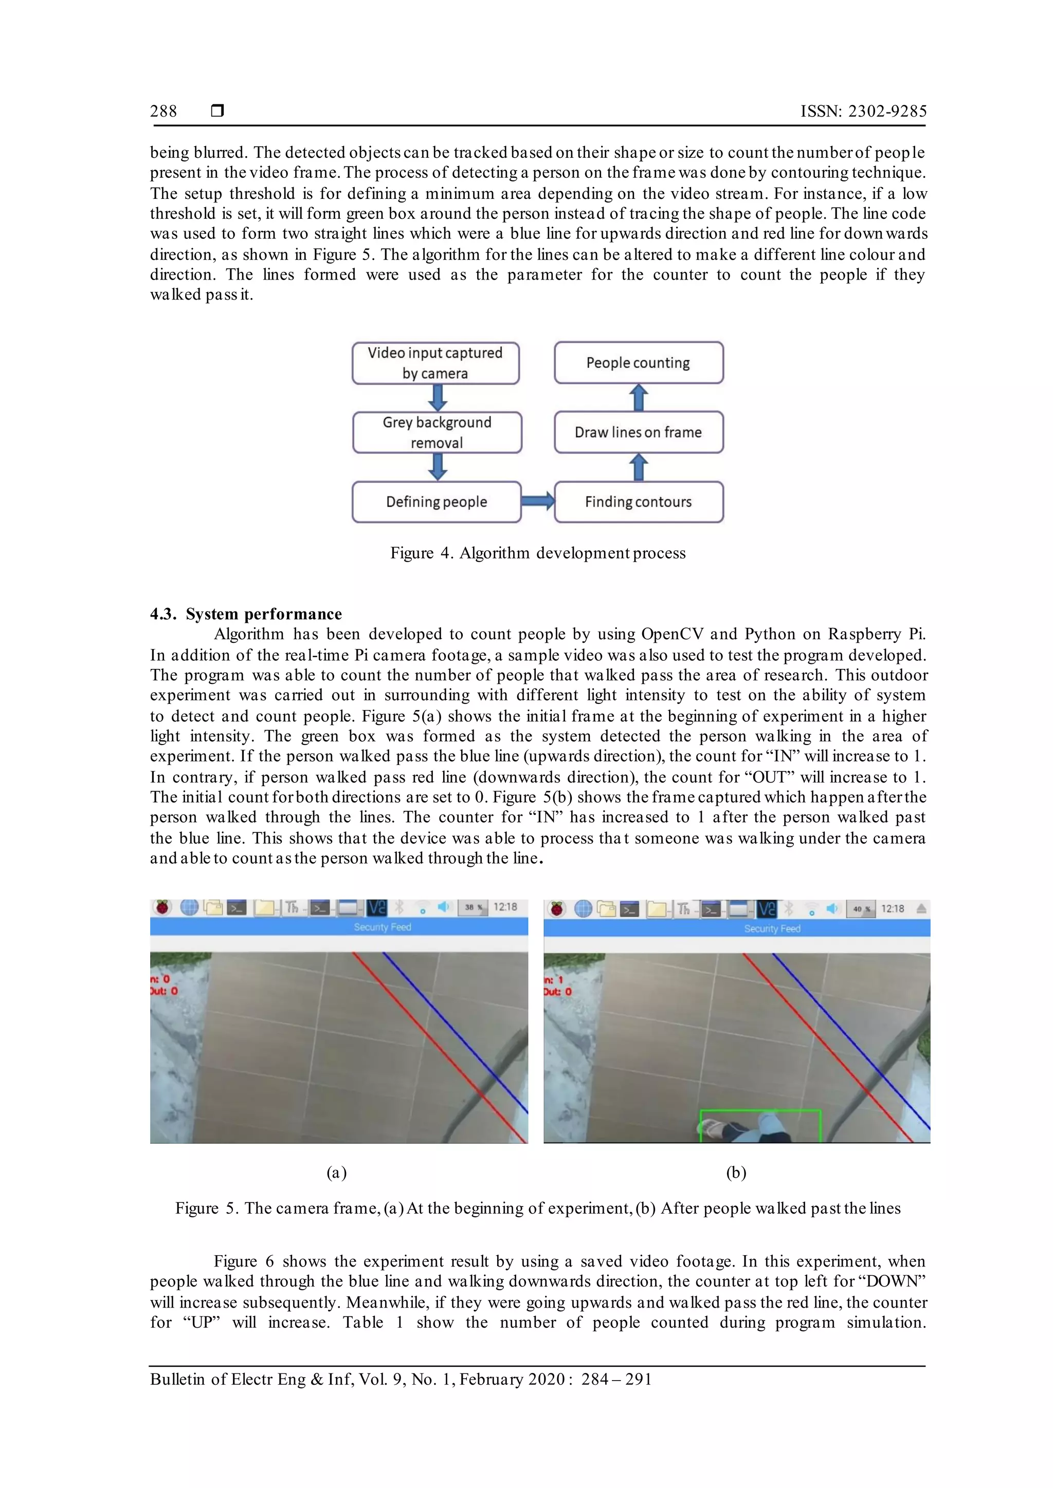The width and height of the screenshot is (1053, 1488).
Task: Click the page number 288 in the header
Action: click(164, 111)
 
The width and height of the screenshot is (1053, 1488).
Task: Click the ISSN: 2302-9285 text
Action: click(863, 111)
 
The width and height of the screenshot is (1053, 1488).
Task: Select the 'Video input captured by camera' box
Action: click(435, 363)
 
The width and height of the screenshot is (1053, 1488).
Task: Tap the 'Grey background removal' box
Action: click(437, 432)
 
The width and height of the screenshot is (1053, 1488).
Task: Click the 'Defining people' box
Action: click(437, 501)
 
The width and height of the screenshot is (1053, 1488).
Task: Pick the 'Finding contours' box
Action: click(639, 501)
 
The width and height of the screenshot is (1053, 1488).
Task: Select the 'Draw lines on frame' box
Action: click(639, 432)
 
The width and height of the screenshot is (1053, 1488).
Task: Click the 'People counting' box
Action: click(639, 363)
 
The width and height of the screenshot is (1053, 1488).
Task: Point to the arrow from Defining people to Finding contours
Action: click(537, 501)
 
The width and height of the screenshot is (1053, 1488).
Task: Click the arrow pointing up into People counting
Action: click(639, 398)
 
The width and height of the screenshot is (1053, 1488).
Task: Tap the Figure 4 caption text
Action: click(537, 553)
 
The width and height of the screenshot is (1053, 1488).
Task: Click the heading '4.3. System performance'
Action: click(246, 613)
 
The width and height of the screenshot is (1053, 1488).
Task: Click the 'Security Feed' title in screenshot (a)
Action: click(383, 927)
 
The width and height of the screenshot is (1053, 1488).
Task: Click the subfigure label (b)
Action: click(736, 1173)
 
